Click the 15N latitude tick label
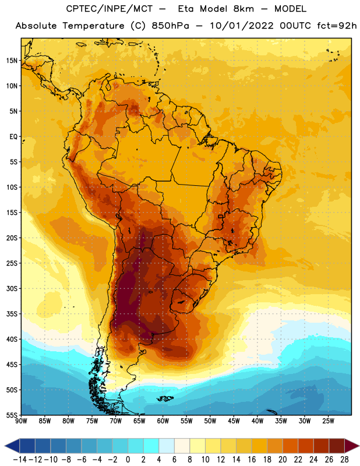[12, 61]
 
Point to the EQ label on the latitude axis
[13, 137]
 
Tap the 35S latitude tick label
[12, 314]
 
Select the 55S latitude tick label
[12, 415]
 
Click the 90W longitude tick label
[21, 421]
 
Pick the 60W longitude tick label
[163, 421]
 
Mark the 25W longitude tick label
[328, 421]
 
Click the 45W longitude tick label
[234, 421]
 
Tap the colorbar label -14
[20, 460]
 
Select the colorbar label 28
[344, 460]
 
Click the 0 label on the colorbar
[128, 460]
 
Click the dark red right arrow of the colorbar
[351, 446]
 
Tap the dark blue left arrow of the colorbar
[12, 446]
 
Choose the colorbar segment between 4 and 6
[167, 446]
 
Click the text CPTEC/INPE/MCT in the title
[109, 9]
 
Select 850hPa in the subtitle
[170, 26]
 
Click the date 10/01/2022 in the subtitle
[242, 26]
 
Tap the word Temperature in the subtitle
[93, 26]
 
